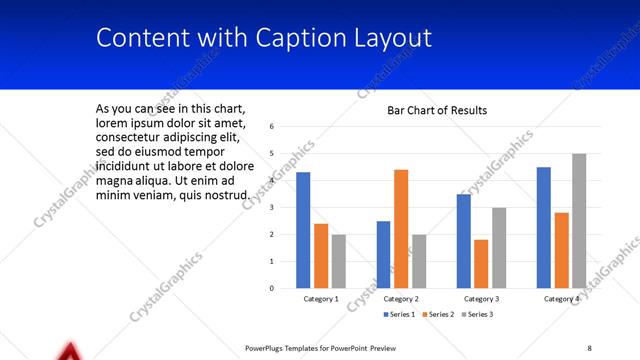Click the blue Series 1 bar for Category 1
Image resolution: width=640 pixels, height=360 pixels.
[x=303, y=230]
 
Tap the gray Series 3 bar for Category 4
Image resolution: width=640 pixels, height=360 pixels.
[x=579, y=221]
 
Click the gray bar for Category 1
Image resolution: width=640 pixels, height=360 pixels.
[x=339, y=261]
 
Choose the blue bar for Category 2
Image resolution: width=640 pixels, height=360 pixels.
[x=383, y=254]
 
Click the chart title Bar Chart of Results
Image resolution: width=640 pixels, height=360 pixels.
[x=437, y=110]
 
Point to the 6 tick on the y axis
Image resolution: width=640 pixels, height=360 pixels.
[x=272, y=127]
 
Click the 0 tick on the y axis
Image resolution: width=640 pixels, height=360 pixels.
[x=272, y=288]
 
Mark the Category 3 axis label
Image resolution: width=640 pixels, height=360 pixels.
[x=481, y=299]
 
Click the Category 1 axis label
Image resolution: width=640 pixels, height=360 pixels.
[x=321, y=299]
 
